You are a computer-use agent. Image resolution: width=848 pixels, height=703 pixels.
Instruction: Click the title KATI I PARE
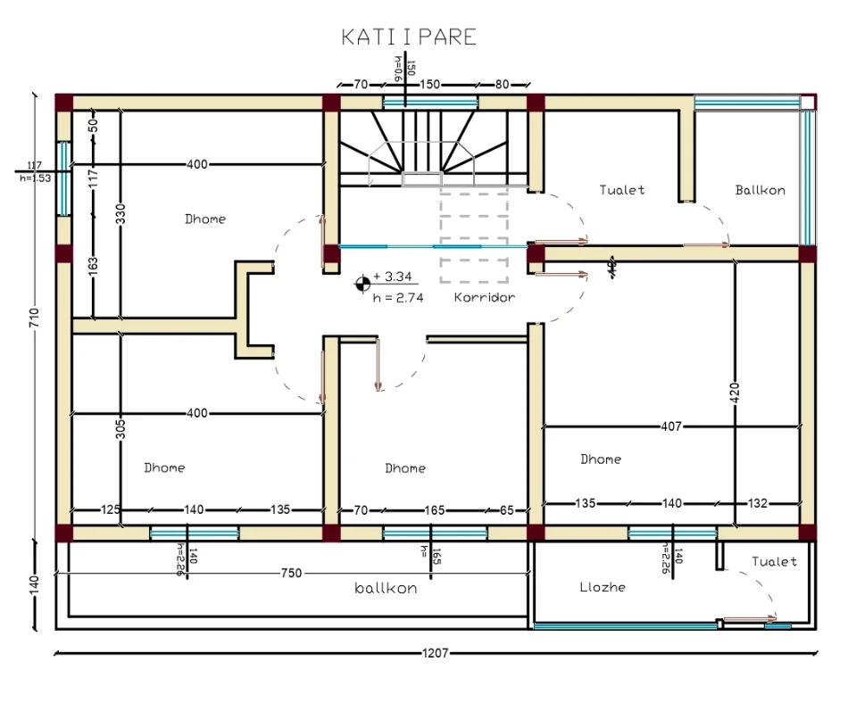pyautogui.click(x=409, y=37)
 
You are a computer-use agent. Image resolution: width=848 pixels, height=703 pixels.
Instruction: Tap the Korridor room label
pyautogui.click(x=484, y=297)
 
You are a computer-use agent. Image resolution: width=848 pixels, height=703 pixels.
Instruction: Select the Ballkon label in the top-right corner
pyautogui.click(x=761, y=190)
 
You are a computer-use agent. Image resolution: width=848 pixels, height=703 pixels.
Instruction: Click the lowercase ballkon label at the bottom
pyautogui.click(x=386, y=589)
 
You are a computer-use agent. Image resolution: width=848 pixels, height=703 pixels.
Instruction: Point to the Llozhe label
pyautogui.click(x=603, y=587)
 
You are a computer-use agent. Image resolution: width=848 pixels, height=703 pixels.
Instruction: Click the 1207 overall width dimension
pyautogui.click(x=435, y=653)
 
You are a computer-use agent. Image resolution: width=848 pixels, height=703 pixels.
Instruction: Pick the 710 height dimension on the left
pyautogui.click(x=35, y=318)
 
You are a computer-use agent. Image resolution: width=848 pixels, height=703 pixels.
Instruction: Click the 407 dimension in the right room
pyautogui.click(x=670, y=426)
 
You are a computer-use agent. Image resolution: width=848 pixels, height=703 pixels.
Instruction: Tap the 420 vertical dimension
pyautogui.click(x=734, y=393)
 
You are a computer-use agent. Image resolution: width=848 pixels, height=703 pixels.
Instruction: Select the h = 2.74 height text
pyautogui.click(x=398, y=298)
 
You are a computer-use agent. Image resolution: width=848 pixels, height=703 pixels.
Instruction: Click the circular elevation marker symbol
pyautogui.click(x=362, y=284)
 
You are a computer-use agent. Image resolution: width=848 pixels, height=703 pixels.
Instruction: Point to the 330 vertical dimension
pyautogui.click(x=121, y=214)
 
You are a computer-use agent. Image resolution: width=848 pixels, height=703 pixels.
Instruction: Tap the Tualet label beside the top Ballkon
pyautogui.click(x=621, y=190)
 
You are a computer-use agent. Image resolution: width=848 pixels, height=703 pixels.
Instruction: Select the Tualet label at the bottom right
pyautogui.click(x=774, y=562)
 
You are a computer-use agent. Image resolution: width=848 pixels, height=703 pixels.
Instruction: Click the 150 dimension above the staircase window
pyautogui.click(x=430, y=85)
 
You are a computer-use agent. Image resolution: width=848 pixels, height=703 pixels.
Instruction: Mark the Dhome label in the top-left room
pyautogui.click(x=205, y=219)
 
